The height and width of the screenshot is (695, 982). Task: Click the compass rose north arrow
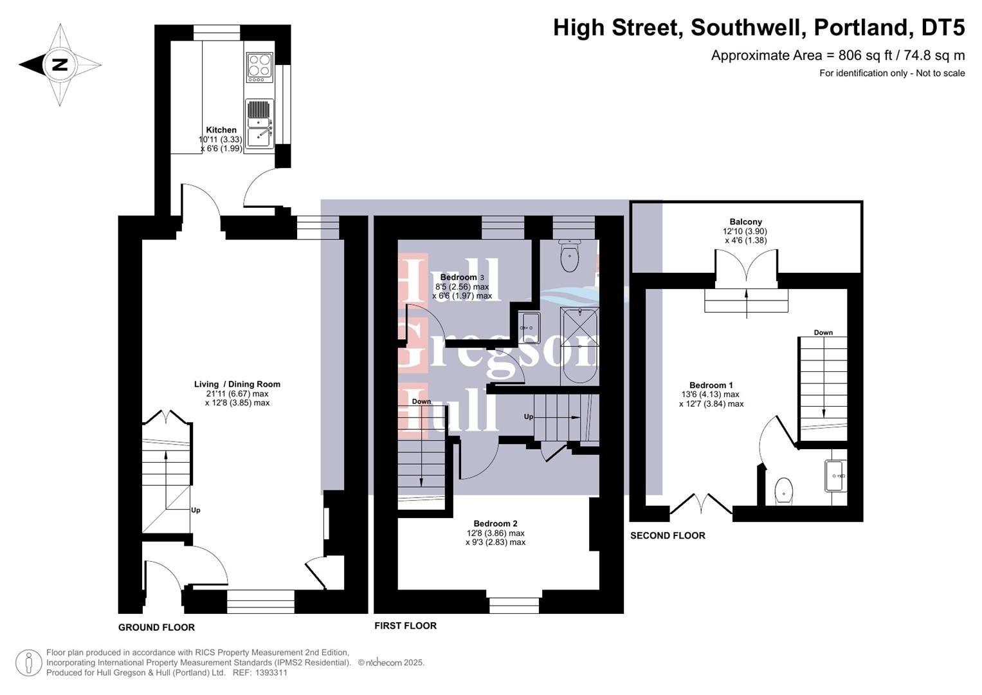click(x=59, y=64)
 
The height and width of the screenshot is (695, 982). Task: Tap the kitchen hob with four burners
click(x=260, y=66)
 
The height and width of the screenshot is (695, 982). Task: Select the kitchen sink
click(x=259, y=124)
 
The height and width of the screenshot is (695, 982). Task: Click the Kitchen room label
click(x=221, y=130)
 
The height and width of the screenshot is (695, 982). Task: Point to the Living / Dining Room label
click(x=237, y=384)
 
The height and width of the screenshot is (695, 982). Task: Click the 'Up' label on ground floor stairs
click(x=195, y=510)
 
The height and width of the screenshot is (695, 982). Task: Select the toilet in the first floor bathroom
click(x=570, y=257)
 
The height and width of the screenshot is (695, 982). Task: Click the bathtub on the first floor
click(x=579, y=346)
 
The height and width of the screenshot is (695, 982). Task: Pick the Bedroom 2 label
click(x=495, y=524)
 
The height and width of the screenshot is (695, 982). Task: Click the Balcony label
click(x=745, y=222)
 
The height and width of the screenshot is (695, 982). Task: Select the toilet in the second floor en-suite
click(x=784, y=491)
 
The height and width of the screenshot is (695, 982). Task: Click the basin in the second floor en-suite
click(x=835, y=476)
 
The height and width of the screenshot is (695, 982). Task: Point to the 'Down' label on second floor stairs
click(x=823, y=333)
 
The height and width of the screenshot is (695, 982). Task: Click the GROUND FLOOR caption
click(x=156, y=627)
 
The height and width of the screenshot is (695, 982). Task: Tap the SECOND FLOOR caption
click(x=668, y=535)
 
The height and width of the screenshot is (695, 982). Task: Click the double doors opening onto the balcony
click(x=746, y=267)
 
